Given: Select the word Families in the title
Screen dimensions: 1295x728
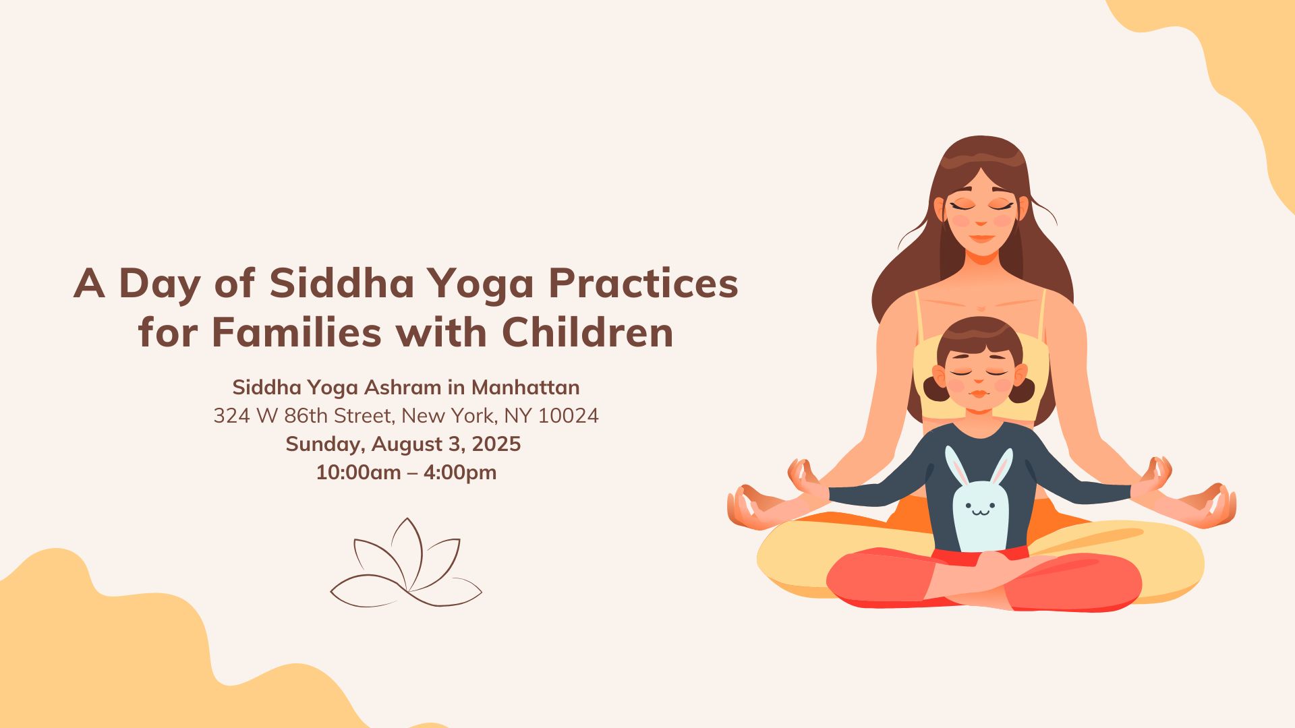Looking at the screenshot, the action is pyautogui.click(x=297, y=332).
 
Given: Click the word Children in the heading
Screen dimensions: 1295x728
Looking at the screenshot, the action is pyautogui.click(x=587, y=332).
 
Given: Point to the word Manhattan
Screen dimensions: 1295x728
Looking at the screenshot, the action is pyautogui.click(x=525, y=388).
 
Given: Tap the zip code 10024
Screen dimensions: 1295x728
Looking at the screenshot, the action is pyautogui.click(x=569, y=416).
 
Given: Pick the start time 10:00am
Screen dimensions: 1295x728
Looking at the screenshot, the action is pyautogui.click(x=359, y=473).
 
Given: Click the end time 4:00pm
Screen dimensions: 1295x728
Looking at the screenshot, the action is pyautogui.click(x=460, y=473).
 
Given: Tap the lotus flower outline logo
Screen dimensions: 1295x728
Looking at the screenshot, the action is pyautogui.click(x=406, y=563).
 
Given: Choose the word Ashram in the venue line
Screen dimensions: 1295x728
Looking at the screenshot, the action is pyautogui.click(x=402, y=388).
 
